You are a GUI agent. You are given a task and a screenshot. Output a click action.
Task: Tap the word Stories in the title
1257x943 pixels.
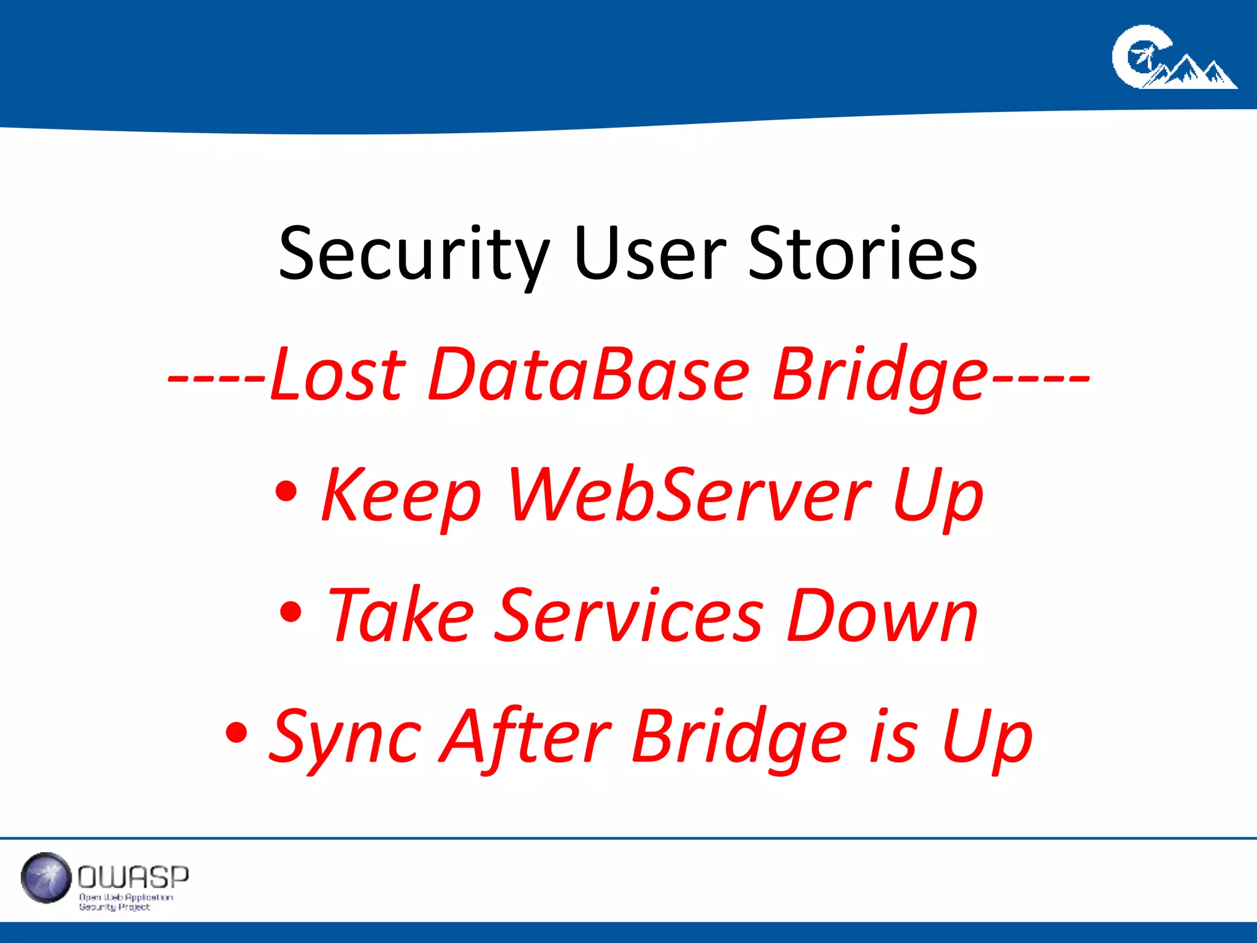[x=862, y=253]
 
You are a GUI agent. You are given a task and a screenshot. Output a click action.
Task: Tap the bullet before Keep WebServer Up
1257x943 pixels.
[x=286, y=491]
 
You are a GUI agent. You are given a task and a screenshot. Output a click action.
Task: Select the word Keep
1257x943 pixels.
[x=401, y=495]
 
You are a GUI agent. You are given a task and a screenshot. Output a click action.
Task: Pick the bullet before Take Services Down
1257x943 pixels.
[x=290, y=611]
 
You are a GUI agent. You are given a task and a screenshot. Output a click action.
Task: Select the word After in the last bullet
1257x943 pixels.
[x=525, y=735]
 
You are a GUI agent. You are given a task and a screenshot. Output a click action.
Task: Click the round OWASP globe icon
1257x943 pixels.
[x=46, y=877]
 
